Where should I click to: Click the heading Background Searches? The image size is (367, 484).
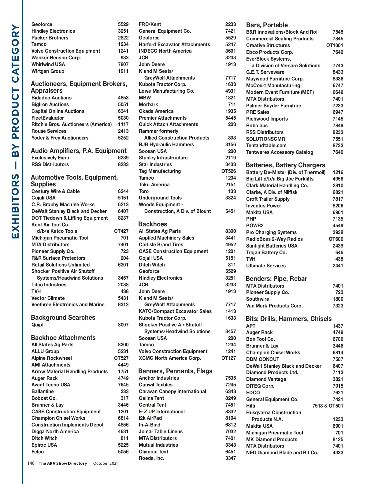63,318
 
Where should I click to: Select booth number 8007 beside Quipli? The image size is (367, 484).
123,325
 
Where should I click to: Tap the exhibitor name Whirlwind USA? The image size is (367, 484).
48,65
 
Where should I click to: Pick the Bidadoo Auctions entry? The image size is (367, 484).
51,98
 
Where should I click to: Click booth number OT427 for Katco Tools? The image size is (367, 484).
121,231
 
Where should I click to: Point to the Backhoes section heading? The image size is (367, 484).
153,224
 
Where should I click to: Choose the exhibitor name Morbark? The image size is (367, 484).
148,105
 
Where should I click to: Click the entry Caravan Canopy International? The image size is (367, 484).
172,392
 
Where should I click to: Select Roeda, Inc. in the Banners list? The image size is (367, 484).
151,458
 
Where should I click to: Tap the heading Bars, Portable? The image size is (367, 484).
267,25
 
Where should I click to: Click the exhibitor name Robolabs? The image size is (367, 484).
257,126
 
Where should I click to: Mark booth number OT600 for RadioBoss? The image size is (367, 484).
336,239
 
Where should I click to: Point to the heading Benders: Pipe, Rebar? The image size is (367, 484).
276,279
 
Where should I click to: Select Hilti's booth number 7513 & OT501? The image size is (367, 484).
328,406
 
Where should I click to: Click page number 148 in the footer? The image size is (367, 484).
31,463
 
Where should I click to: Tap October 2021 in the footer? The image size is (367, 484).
106,464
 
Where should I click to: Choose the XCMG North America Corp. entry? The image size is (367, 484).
170,358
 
